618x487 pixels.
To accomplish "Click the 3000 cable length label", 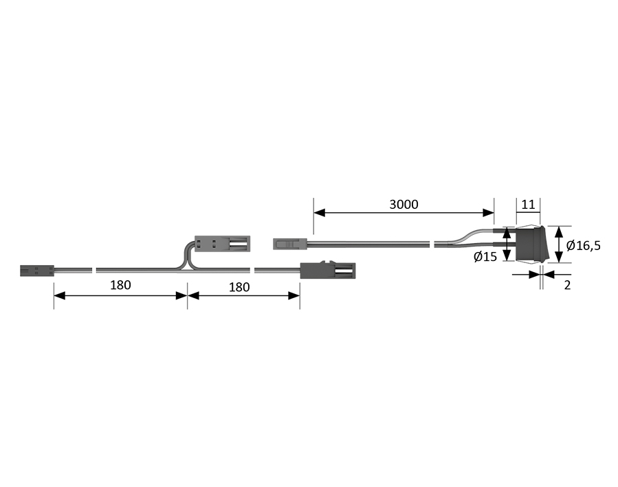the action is click(404, 204).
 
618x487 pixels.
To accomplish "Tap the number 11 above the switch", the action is click(528, 204).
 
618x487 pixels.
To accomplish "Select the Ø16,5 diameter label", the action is click(584, 246).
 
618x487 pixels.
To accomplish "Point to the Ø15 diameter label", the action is click(485, 257).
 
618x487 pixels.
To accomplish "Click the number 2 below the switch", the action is click(567, 285).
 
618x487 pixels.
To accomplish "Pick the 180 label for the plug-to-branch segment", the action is click(120, 285).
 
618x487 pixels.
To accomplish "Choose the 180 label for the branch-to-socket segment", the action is click(239, 287).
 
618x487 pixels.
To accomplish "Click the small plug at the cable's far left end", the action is click(37, 271).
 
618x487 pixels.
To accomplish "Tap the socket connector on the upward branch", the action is click(222, 244).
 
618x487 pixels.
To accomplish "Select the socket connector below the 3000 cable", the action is click(328, 271).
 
